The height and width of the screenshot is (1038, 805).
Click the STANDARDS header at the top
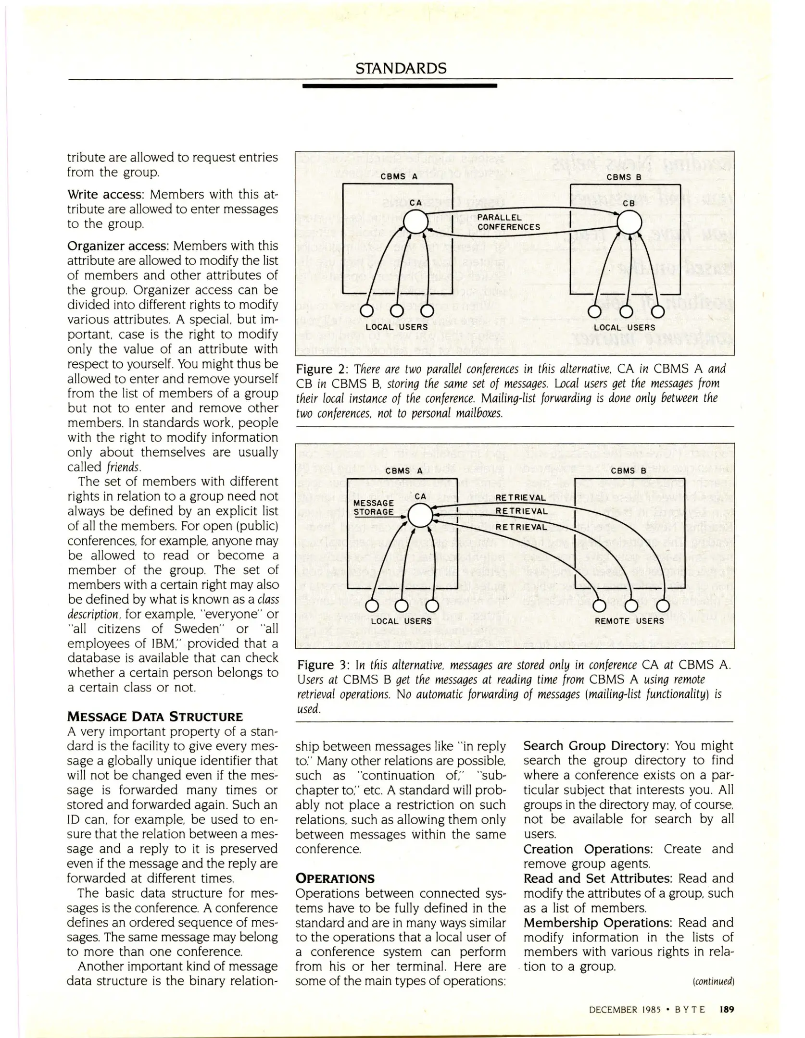tap(401, 68)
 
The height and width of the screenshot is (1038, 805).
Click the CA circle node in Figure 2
tap(415, 222)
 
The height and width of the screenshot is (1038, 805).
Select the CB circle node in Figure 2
tap(629, 222)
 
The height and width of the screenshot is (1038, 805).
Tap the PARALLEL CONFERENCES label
tap(508, 222)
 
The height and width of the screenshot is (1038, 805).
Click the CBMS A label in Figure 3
tap(404, 471)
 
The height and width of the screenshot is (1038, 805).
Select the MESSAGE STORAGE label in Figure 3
tap(374, 507)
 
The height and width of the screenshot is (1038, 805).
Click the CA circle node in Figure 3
tap(420, 516)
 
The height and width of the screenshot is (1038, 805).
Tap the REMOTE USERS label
tap(629, 621)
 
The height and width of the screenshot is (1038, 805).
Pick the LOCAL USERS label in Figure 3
tap(401, 621)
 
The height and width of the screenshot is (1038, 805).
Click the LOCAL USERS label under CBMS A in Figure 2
tap(397, 327)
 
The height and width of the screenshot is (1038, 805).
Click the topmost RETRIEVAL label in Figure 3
tap(520, 498)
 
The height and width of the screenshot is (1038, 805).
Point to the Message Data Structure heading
tap(155, 717)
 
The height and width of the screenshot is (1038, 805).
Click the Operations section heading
tap(335, 878)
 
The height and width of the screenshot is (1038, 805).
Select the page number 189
tap(727, 1010)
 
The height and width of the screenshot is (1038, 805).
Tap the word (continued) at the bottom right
tap(714, 981)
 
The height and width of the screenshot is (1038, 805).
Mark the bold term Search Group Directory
tap(596, 746)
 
